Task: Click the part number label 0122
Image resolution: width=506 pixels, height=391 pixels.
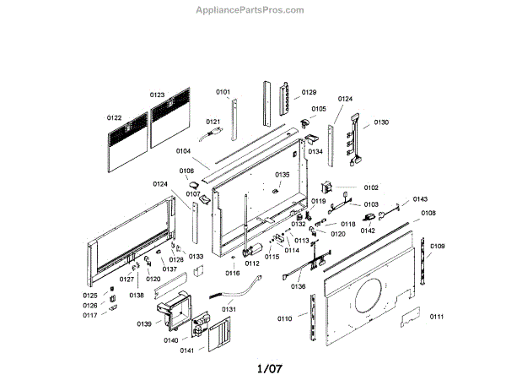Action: point(114,117)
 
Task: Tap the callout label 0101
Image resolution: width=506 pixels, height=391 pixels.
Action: point(223,91)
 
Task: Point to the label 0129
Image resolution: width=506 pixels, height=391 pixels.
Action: point(309,92)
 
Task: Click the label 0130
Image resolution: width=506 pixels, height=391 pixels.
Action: point(381,122)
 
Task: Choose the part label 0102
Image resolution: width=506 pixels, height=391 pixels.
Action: point(371,187)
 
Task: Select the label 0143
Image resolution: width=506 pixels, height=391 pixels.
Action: point(420,199)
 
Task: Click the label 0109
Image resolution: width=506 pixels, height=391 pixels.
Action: point(437,247)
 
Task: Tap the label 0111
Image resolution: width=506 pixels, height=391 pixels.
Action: point(436,316)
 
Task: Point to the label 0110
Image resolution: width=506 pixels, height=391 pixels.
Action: point(284,318)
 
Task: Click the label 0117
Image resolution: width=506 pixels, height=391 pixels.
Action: point(89,315)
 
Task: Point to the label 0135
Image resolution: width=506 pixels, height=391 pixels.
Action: point(282,175)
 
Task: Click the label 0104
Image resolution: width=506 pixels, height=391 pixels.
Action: point(183,151)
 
